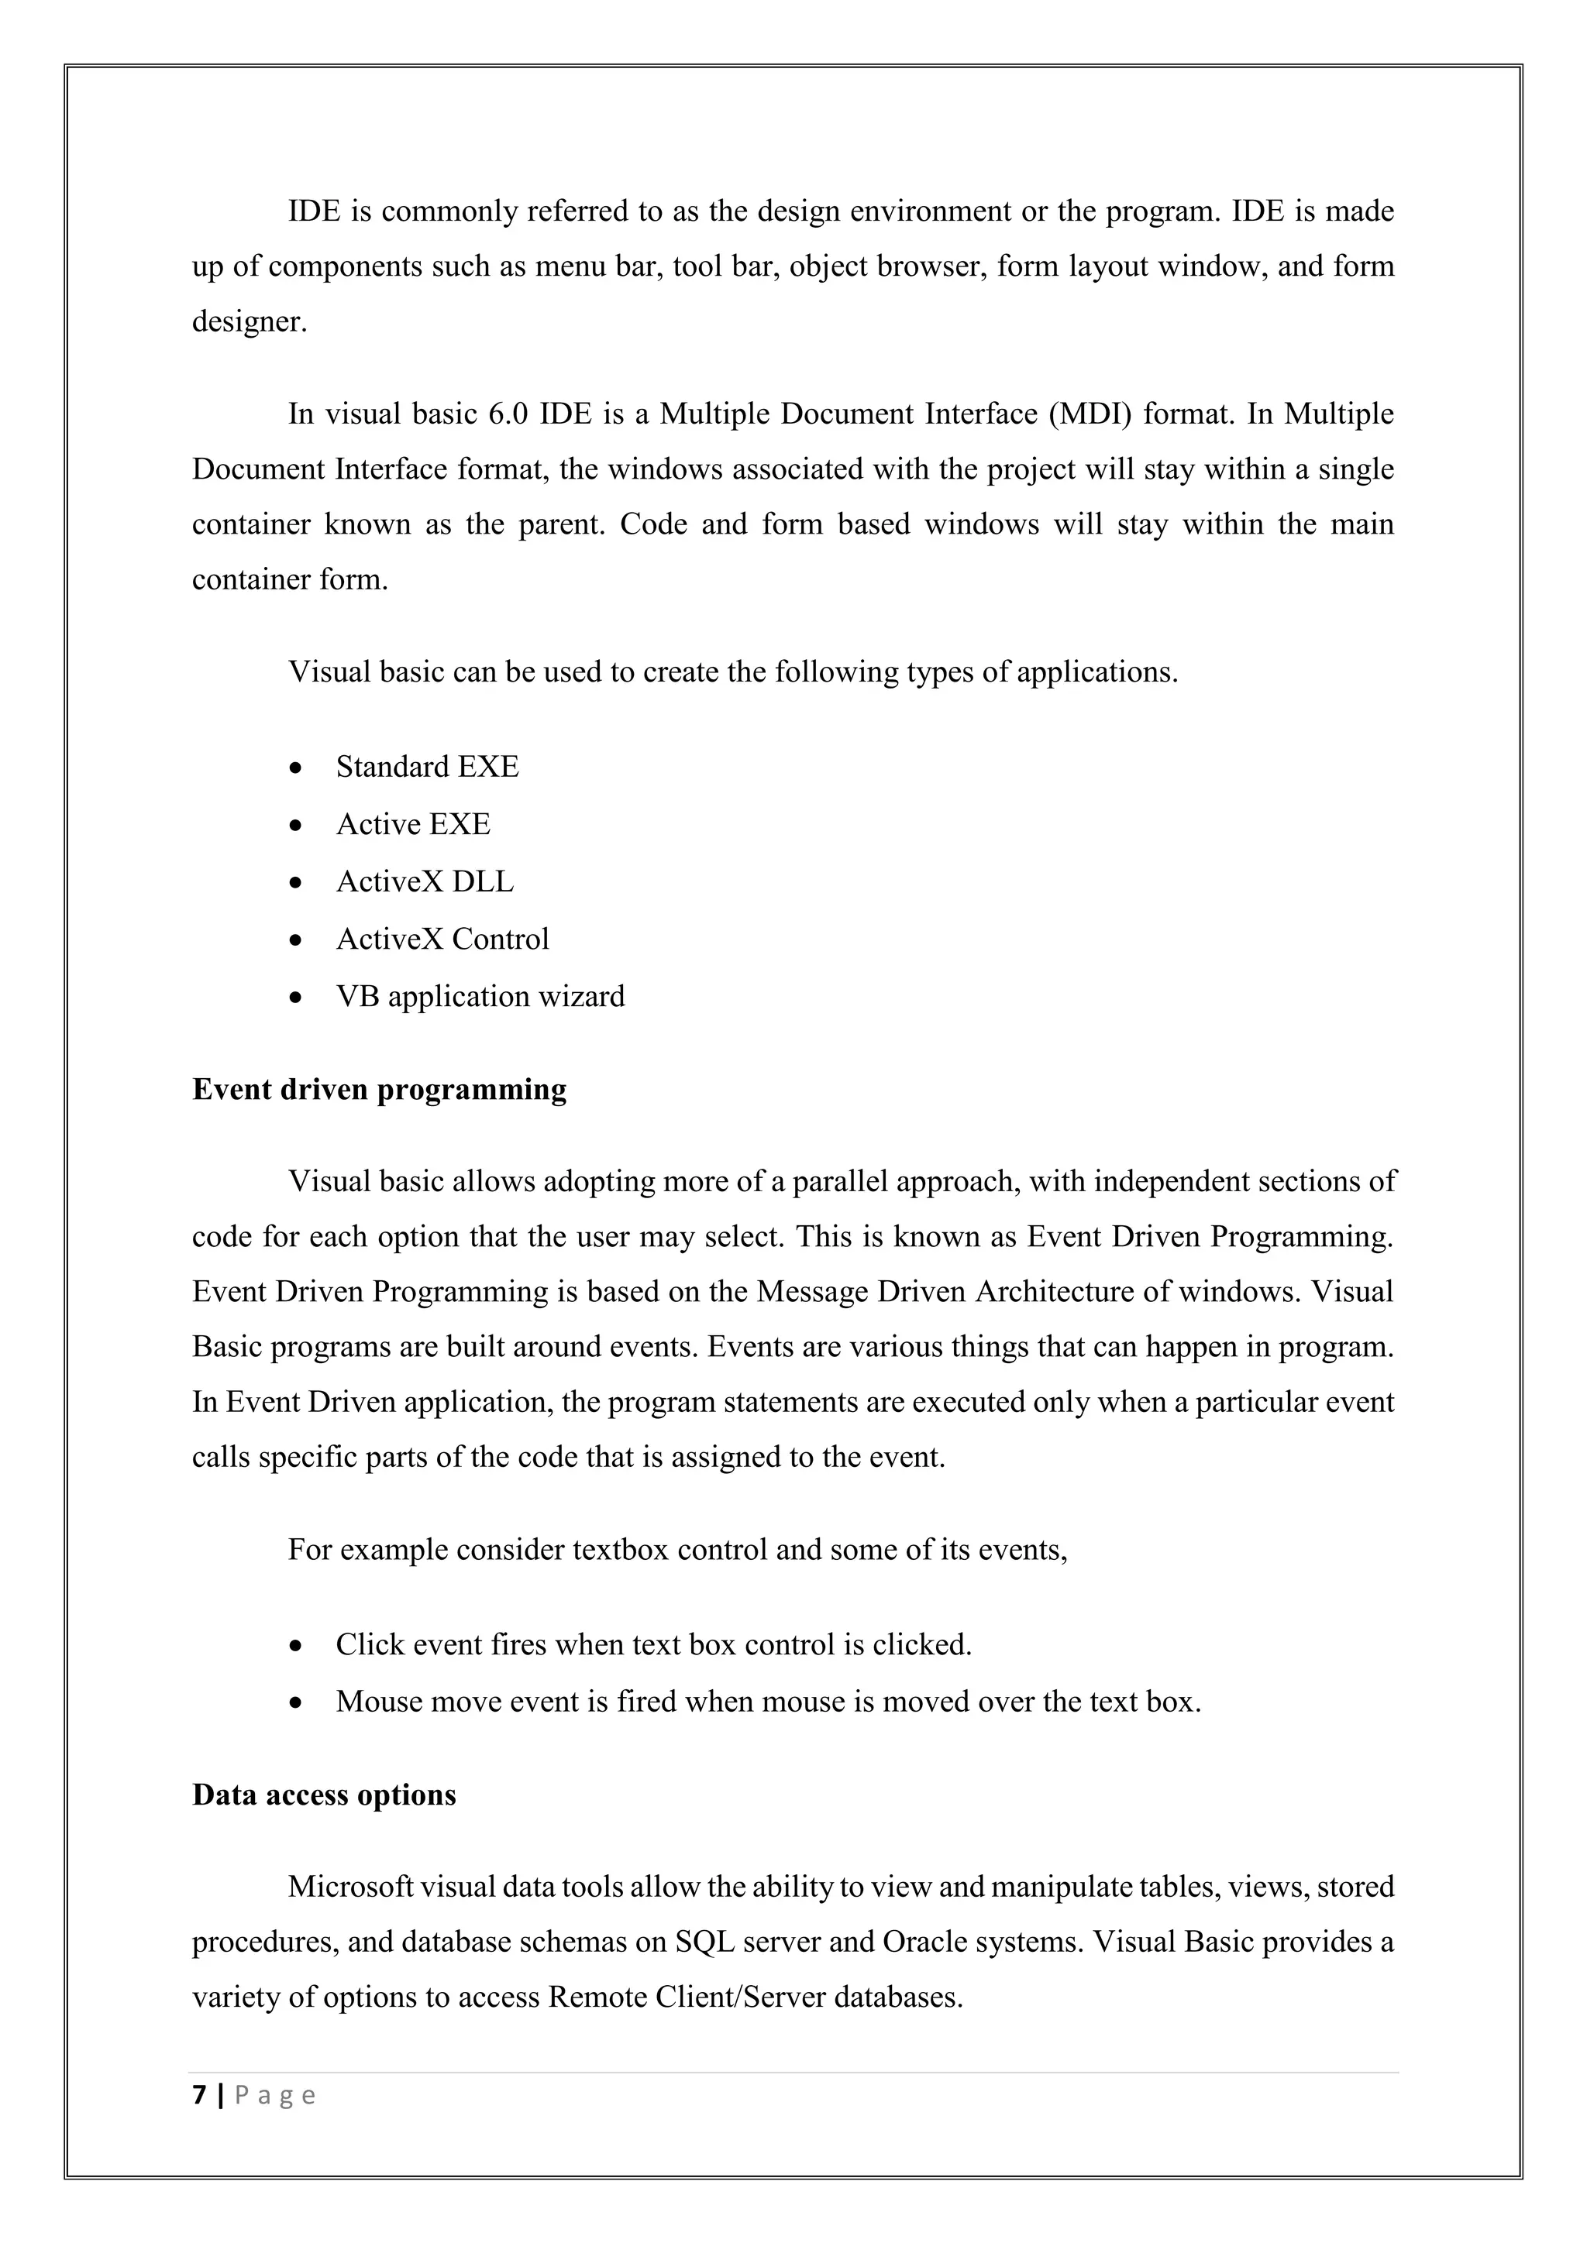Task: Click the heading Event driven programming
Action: pos(379,1089)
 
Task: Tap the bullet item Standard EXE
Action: pos(427,767)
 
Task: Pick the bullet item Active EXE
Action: pos(412,825)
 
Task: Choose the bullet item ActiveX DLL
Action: pos(424,882)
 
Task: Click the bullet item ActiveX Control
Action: pos(442,939)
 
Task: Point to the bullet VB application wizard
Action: pos(480,997)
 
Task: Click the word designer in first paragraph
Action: pos(248,321)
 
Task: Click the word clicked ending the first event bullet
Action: pos(921,1645)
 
